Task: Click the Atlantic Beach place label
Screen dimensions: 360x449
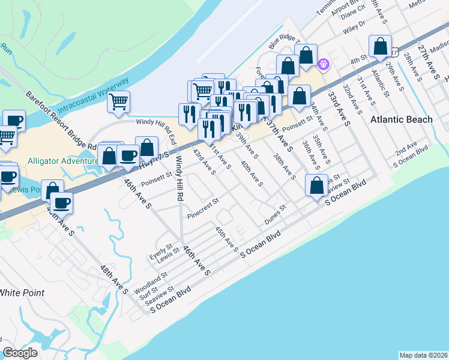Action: [401, 119]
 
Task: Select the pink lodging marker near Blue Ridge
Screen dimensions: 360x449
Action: [324, 62]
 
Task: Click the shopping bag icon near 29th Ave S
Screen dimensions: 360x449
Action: [381, 46]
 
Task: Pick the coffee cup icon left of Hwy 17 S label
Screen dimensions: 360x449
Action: [127, 155]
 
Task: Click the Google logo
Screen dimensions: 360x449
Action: [20, 353]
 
